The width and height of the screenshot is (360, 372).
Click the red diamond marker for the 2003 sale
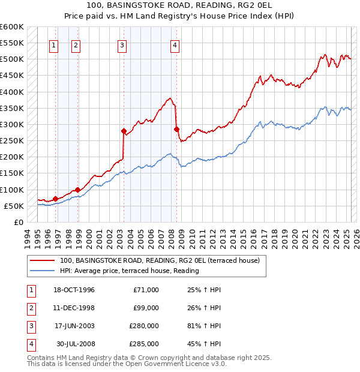click(x=124, y=131)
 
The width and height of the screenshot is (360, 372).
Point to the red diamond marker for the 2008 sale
click(x=176, y=129)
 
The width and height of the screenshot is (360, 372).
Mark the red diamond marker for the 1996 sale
click(x=55, y=199)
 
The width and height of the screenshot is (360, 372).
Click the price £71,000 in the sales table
click(x=144, y=290)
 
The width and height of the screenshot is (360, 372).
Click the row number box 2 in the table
click(x=30, y=308)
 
